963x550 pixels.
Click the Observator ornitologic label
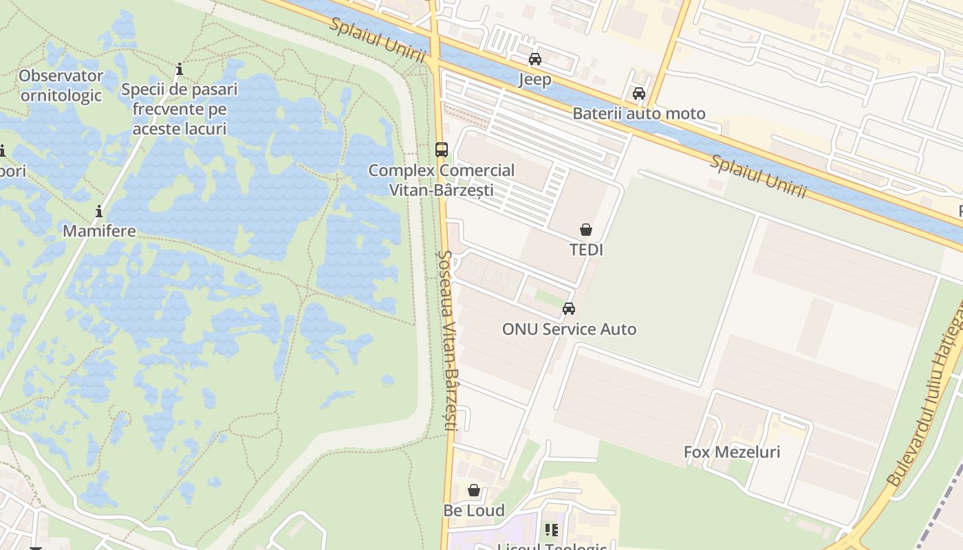61,85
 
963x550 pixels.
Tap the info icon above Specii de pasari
180,69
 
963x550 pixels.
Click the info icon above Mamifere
99,211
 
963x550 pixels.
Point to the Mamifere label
99,231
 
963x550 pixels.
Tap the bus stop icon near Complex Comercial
442,149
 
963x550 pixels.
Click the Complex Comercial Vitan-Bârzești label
442,180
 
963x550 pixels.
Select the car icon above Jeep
535,59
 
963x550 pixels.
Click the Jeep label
535,80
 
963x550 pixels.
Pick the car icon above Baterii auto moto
639,93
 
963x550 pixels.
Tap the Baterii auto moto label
639,114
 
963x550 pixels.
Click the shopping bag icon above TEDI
586,230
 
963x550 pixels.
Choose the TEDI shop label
586,250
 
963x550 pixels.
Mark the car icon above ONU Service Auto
569,309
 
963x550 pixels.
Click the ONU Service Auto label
569,329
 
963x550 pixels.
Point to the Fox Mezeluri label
732,452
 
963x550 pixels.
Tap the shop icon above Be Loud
474,490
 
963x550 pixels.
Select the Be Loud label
474,511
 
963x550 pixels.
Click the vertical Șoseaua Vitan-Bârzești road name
447,340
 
